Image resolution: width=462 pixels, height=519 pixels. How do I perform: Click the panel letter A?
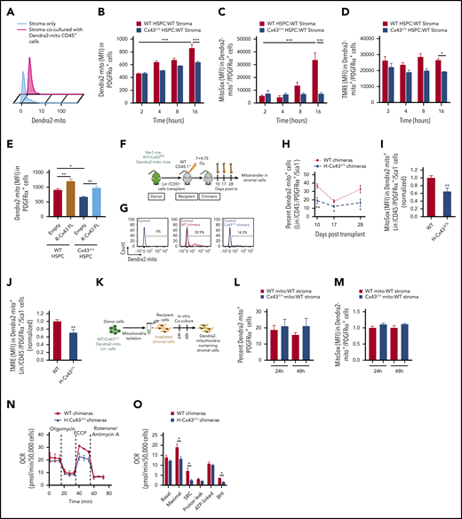(x=6, y=8)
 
